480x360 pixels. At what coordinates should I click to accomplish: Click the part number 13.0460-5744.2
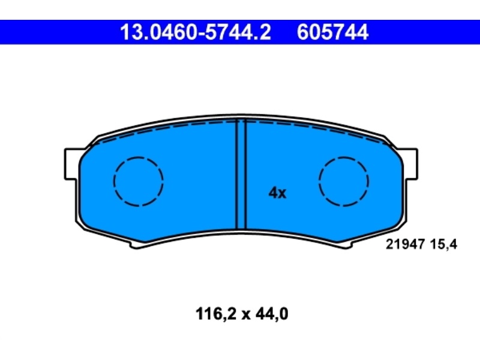point(196,32)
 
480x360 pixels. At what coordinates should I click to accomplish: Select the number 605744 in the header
point(332,32)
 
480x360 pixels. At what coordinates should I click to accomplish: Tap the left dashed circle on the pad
point(139,181)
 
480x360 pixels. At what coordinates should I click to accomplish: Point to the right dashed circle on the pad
point(344,181)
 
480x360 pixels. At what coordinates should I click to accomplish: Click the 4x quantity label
point(277,193)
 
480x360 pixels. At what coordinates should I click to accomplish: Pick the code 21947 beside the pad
point(404,245)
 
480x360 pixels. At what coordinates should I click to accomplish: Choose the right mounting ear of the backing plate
point(410,164)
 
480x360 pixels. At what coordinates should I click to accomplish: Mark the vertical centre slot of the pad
point(241,174)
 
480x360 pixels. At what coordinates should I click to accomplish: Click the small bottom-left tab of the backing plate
point(137,245)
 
